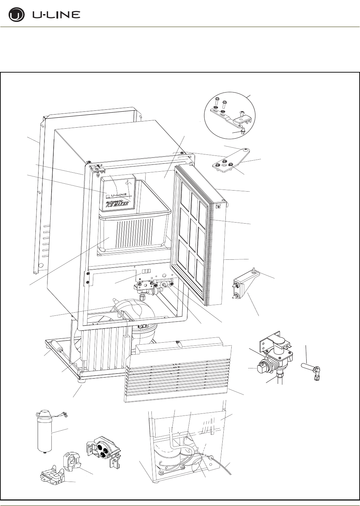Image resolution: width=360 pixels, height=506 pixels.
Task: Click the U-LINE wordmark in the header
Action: (x=56, y=15)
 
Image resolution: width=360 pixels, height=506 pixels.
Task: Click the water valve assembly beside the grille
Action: (x=275, y=358)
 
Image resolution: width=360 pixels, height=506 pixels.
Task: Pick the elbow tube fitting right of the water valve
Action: (x=313, y=371)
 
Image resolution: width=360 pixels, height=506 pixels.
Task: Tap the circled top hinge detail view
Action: (x=229, y=115)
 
